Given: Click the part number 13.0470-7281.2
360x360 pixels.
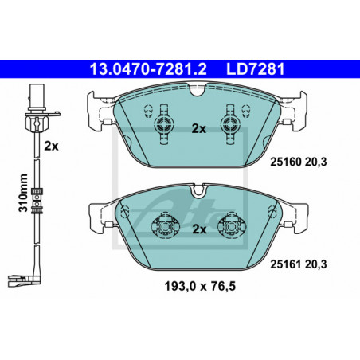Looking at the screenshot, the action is (148, 69).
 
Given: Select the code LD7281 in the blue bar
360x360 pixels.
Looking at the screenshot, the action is (255, 69).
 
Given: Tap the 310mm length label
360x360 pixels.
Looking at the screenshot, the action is (23, 193).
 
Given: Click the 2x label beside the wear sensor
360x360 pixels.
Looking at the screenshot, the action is (51, 146).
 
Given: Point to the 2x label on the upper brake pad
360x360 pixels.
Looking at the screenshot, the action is (199, 129).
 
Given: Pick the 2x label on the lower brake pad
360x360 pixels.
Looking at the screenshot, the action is (199, 229).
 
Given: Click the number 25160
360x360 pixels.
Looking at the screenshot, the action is (286, 162).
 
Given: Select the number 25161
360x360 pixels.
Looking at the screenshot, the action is (286, 264).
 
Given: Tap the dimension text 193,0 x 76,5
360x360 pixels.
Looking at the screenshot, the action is (200, 286).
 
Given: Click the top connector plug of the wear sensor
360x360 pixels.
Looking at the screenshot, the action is (37, 97).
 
